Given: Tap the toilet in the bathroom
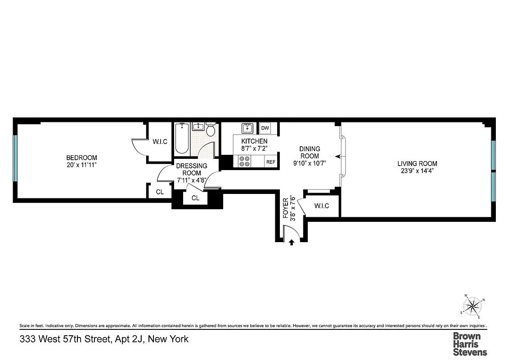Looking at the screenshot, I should [210, 131].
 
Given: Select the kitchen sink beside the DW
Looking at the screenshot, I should [247, 129].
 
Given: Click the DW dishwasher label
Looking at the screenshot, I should [265, 129].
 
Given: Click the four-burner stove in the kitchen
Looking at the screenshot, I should [245, 162].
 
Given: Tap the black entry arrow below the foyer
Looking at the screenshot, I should [292, 243].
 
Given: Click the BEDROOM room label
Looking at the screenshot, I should [81, 157].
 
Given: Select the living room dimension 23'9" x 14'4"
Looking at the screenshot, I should [417, 171].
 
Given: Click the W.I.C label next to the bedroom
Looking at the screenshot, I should [160, 142].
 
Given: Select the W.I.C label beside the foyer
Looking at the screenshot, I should [321, 206].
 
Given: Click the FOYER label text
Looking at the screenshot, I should [285, 208].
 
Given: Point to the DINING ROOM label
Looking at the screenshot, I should [310, 153].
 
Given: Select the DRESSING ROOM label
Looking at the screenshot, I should [192, 169].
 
